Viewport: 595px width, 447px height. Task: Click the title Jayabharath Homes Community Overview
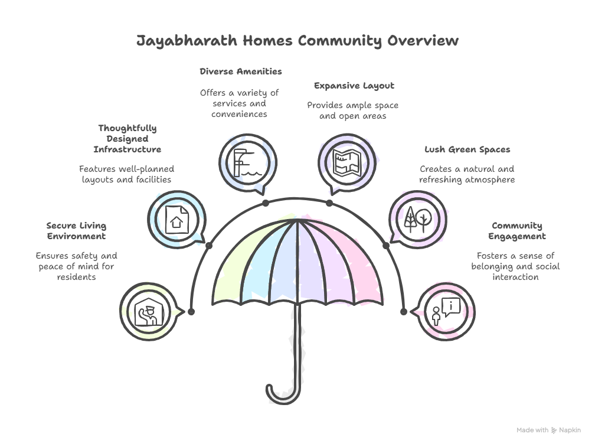tap(297, 41)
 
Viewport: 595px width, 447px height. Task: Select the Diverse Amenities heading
tap(240, 71)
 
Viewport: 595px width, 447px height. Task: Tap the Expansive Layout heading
tap(354, 86)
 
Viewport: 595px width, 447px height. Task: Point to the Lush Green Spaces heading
tap(467, 149)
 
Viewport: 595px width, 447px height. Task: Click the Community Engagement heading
tap(516, 231)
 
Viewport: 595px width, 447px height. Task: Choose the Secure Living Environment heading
tap(76, 231)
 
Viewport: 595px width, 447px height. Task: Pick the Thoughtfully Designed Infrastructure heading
tap(127, 139)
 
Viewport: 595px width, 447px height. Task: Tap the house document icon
tap(176, 219)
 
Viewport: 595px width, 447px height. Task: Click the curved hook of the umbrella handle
tap(282, 394)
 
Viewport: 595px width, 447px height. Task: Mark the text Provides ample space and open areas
tap(353, 110)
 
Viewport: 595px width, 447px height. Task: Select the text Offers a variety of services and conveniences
tap(239, 103)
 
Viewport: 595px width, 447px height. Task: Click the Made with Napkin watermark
tap(548, 430)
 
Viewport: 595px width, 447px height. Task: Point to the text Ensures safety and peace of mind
tap(76, 266)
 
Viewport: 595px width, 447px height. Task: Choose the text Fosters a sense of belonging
tap(515, 266)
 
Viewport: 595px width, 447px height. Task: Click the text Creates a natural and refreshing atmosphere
tap(467, 174)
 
